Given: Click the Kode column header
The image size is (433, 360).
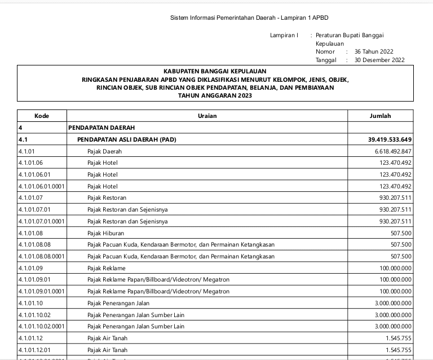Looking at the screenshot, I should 42,116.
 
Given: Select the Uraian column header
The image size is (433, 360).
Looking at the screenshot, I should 207,116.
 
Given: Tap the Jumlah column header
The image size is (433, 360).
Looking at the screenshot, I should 380,116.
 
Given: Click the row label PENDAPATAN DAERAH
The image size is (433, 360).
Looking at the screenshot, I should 101,128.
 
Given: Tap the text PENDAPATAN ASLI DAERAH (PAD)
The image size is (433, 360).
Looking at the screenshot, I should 122,139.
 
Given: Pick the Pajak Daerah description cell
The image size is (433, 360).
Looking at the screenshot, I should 104,151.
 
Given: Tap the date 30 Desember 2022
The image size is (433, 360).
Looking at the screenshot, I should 379,60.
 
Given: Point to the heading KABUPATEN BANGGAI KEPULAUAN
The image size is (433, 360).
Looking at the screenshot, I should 215,72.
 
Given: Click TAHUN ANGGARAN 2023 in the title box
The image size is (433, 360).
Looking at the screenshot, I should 215,96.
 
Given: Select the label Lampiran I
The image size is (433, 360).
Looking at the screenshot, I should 284,36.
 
